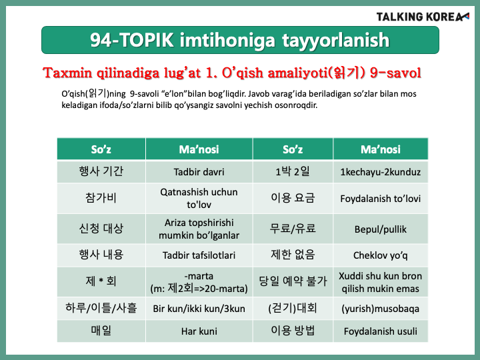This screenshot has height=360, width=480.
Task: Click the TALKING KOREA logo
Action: (x=423, y=17)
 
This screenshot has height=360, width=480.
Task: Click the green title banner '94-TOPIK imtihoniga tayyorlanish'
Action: (x=240, y=40)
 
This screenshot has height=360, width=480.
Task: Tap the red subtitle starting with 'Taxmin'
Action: (x=232, y=73)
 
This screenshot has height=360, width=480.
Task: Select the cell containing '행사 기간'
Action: (x=101, y=171)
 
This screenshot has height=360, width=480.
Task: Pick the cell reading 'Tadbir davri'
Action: (x=199, y=171)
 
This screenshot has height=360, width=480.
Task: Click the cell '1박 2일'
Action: (x=293, y=171)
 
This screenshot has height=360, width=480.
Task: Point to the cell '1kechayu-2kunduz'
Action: (x=381, y=171)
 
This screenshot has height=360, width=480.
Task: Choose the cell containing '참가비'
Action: (x=101, y=198)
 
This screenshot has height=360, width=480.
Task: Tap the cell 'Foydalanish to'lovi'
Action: (x=381, y=198)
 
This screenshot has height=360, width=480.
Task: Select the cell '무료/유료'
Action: (x=293, y=229)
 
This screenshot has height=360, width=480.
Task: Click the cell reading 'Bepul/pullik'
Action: (x=381, y=229)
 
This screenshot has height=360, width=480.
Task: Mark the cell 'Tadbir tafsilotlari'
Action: (x=199, y=255)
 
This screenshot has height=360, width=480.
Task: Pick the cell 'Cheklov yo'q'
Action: (x=381, y=255)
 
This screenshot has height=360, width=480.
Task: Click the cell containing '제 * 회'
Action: (x=101, y=281)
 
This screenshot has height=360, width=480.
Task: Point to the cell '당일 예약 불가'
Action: (x=293, y=281)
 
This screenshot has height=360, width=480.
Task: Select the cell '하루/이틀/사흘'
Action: (x=101, y=308)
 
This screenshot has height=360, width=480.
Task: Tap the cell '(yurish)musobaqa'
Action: (x=381, y=308)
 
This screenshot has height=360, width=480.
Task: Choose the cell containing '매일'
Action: (x=101, y=331)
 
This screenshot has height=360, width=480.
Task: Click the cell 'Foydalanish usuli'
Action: (x=381, y=331)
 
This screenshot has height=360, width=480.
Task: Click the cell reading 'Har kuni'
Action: (x=199, y=331)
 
